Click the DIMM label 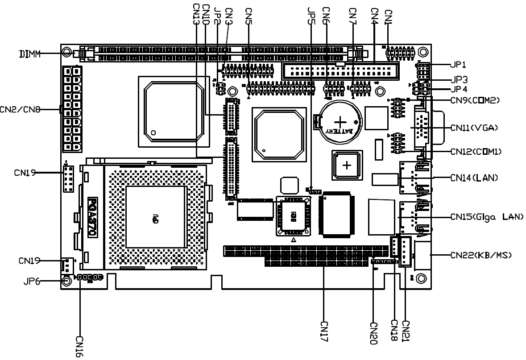29,54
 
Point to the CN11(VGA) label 474,128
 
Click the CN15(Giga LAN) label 487,218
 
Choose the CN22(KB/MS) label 480,255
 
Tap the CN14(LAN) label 474,178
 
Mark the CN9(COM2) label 474,101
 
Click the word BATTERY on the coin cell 340,131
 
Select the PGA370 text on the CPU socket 93,218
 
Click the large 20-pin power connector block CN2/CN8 72,109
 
